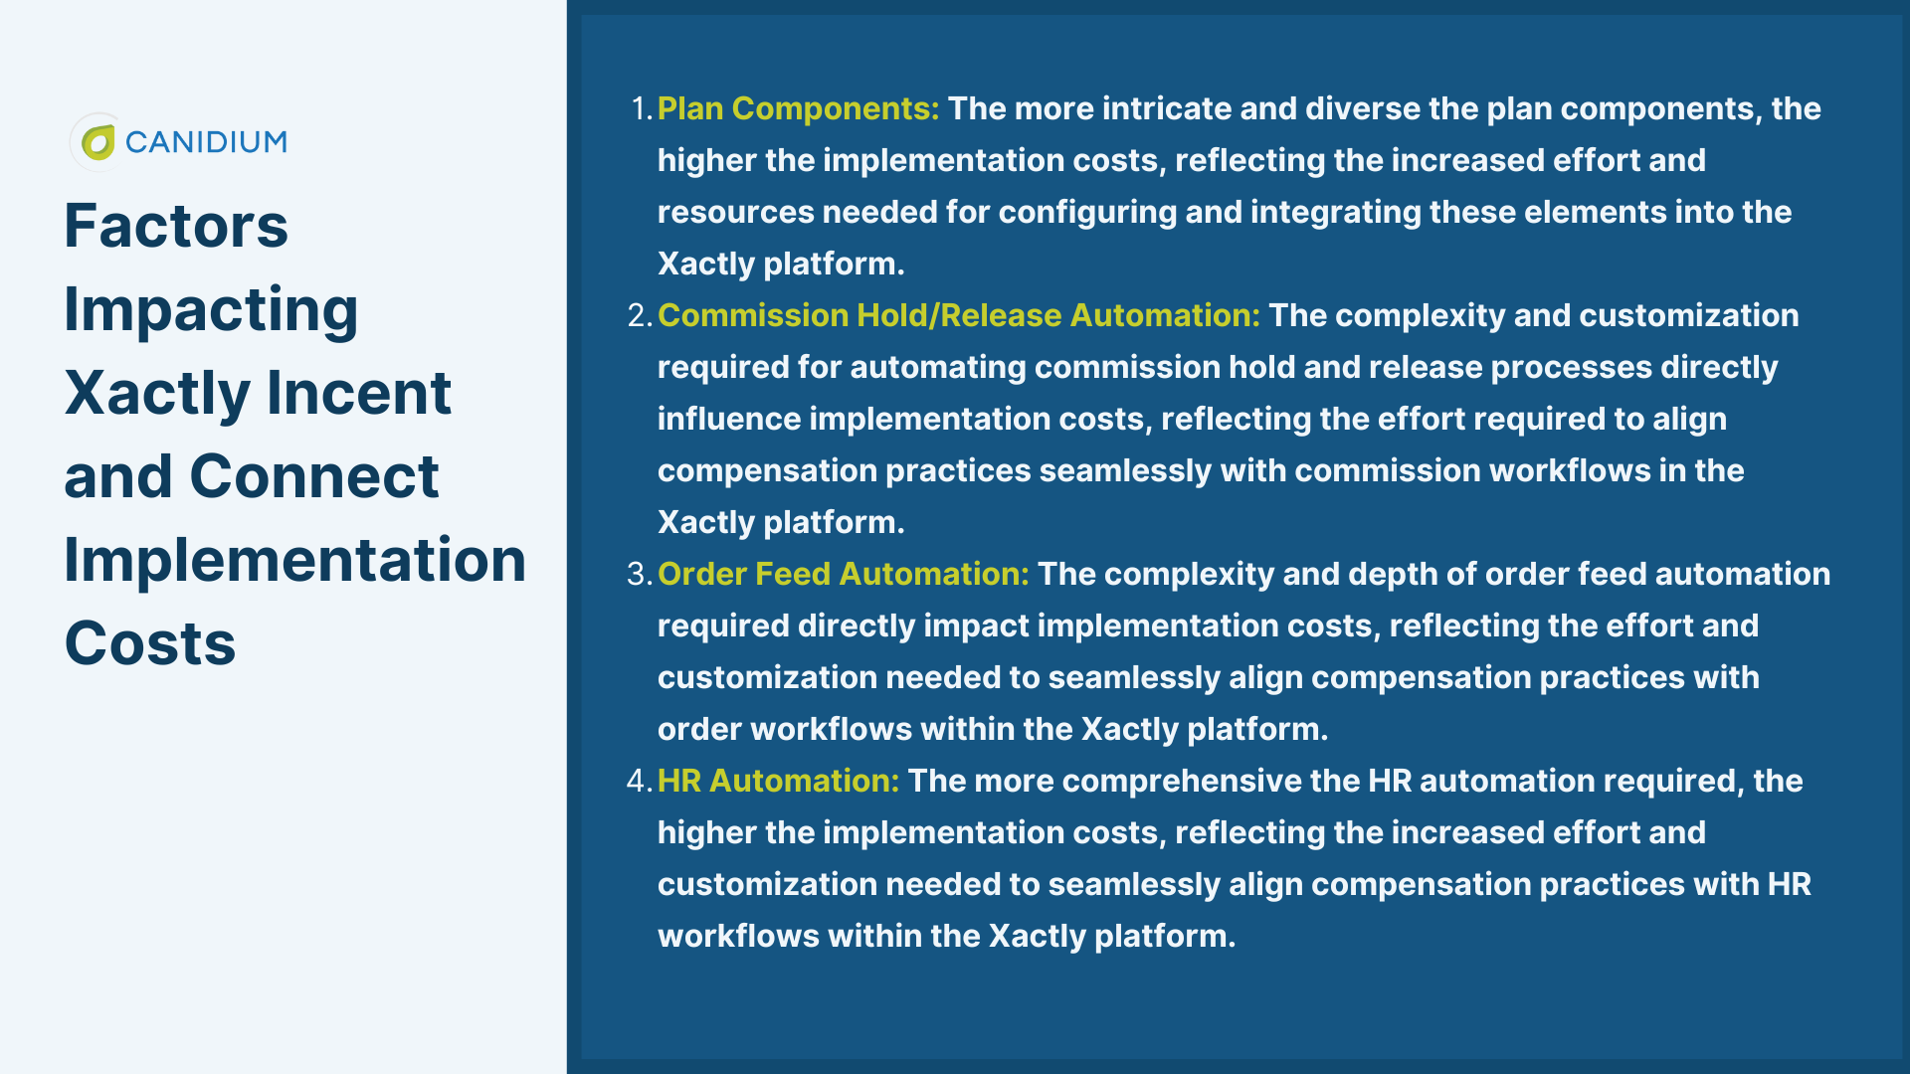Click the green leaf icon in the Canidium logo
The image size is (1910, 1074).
[98, 142]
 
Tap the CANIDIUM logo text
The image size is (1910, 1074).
[206, 142]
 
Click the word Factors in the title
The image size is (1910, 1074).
[176, 226]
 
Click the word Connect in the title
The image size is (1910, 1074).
[314, 476]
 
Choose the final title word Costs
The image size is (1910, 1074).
[150, 643]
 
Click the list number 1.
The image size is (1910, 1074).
[642, 108]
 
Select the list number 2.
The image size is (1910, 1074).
[640, 315]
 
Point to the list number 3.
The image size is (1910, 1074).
[640, 574]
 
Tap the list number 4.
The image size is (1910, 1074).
[640, 781]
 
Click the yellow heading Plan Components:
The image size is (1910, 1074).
[799, 109]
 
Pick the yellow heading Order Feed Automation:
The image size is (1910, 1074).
[844, 574]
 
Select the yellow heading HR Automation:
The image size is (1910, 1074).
[779, 781]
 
